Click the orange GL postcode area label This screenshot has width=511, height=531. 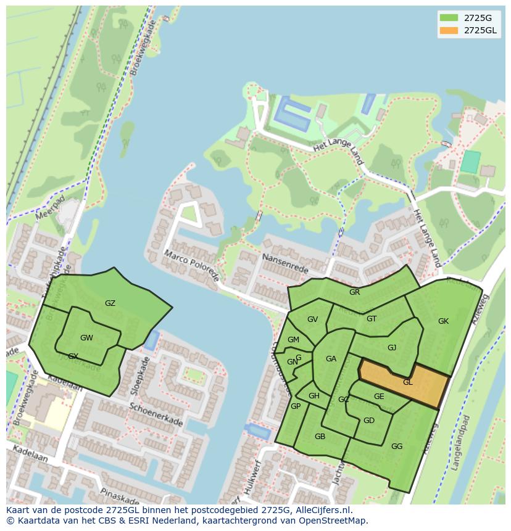pyautogui.click(x=407, y=382)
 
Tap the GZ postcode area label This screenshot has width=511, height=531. pyautogui.click(x=110, y=303)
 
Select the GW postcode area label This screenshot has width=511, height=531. pyautogui.click(x=86, y=338)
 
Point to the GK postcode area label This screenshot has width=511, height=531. pyautogui.click(x=443, y=321)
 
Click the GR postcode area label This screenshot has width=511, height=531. pyautogui.click(x=354, y=292)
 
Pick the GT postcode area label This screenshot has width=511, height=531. pyautogui.click(x=372, y=319)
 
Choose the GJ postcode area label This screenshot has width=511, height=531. pyautogui.click(x=392, y=348)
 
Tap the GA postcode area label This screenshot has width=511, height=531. pyautogui.click(x=331, y=359)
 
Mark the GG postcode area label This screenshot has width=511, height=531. pyautogui.click(x=397, y=447)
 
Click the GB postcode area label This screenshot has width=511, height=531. pyautogui.click(x=320, y=437)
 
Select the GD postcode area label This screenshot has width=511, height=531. pyautogui.click(x=368, y=421)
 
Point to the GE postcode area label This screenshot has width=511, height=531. pyautogui.click(x=379, y=397)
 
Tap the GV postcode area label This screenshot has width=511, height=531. pyautogui.click(x=312, y=319)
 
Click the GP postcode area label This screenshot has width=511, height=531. pyautogui.click(x=296, y=406)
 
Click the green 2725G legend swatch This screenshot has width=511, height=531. pyautogui.click(x=449, y=18)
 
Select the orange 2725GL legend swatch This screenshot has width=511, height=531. pyautogui.click(x=449, y=30)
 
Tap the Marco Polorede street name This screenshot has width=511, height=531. pyautogui.click(x=191, y=265)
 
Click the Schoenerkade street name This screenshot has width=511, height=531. pyautogui.click(x=156, y=414)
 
